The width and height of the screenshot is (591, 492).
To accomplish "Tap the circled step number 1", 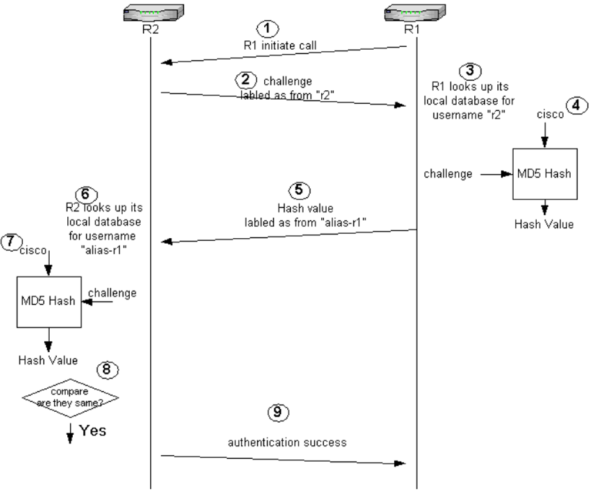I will point(265,28).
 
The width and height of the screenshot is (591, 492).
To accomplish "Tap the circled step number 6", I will point(84,192).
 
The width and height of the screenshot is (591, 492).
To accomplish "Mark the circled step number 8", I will point(108,370).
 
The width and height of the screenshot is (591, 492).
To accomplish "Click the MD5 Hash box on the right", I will point(545,175).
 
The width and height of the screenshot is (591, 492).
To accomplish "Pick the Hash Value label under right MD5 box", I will point(545,224).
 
